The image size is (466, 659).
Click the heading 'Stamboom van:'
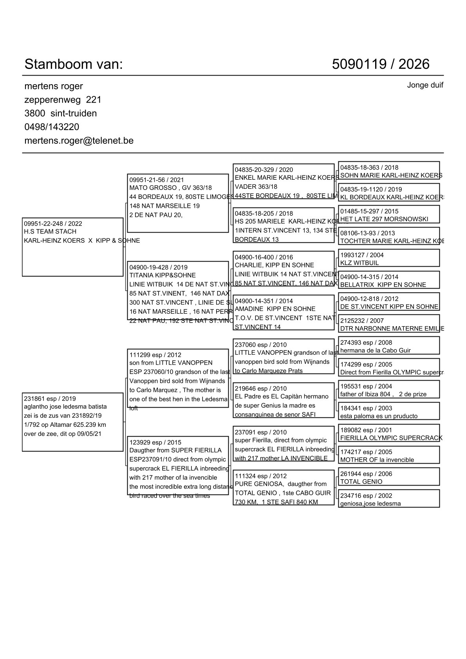pyautogui.click(x=74, y=64)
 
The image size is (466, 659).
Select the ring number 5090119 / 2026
pyautogui.click(x=380, y=64)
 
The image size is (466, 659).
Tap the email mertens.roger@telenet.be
pyautogui.click(x=79, y=141)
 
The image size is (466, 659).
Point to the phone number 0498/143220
pyautogui.click(x=52, y=127)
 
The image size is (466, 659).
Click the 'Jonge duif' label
pyautogui.click(x=425, y=85)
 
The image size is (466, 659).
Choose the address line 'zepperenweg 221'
pyautogui.click(x=63, y=100)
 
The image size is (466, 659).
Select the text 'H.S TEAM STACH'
pyautogui.click(x=50, y=231)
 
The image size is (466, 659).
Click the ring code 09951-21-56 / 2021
pyautogui.click(x=157, y=180)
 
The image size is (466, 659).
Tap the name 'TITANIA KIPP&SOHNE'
pyautogui.click(x=163, y=275)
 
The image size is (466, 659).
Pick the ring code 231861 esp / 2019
pyautogui.click(x=50, y=399)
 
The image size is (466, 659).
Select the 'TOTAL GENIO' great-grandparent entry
pyautogui.click(x=361, y=482)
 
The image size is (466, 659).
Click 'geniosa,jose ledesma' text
pyautogui.click(x=370, y=504)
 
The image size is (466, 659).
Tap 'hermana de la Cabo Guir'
pyautogui.click(x=375, y=350)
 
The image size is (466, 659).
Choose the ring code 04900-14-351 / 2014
pyautogui.click(x=264, y=301)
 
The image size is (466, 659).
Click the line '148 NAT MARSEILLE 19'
pyautogui.click(x=164, y=206)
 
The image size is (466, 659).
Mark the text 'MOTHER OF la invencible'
pyautogui.click(x=377, y=460)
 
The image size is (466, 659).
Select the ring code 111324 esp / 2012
pyautogui.click(x=261, y=476)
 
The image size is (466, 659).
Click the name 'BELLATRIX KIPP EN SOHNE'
pyautogui.click(x=383, y=285)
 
